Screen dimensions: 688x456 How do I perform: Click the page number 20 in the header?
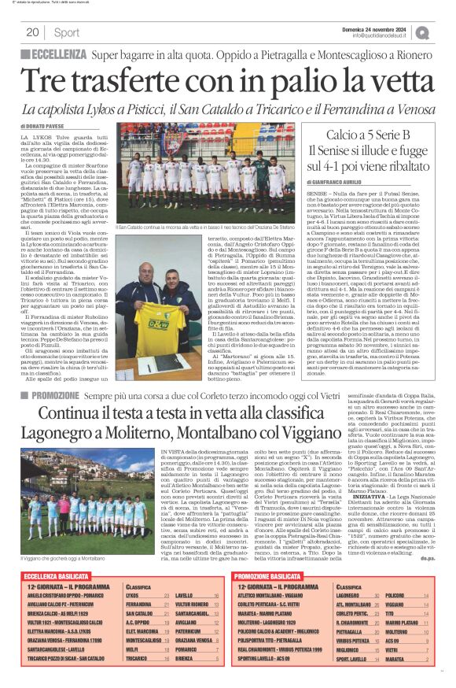click(32, 32)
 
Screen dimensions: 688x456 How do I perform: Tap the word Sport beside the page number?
click(67, 32)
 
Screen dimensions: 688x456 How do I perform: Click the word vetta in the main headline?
click(383, 81)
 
